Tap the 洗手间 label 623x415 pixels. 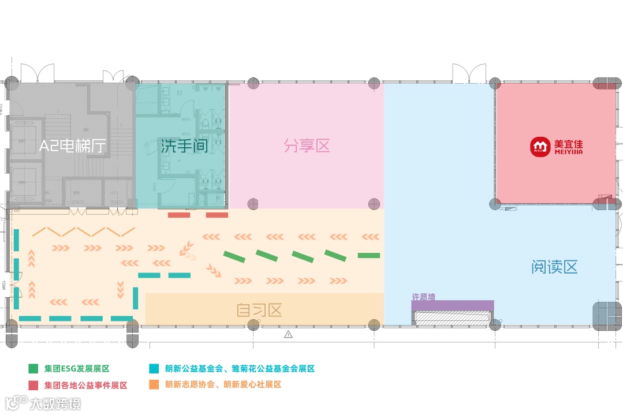tap(184, 146)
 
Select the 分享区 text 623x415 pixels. tap(307, 145)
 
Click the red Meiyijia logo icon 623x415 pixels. tap(540, 147)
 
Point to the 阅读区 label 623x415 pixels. tap(554, 267)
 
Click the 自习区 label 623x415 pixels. tap(259, 311)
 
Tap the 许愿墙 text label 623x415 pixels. tap(423, 297)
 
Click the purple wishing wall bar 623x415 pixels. tap(452, 305)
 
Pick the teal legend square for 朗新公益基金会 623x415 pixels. tap(153, 368)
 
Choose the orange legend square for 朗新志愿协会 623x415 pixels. tap(153, 385)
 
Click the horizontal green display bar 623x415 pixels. tap(368, 255)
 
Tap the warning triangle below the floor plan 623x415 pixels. tap(288, 334)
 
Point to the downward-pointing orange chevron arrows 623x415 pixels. tap(121, 286)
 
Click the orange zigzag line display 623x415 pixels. tap(84, 232)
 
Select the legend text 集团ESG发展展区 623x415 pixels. tap(77, 368)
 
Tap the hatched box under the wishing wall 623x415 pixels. tap(452, 317)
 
